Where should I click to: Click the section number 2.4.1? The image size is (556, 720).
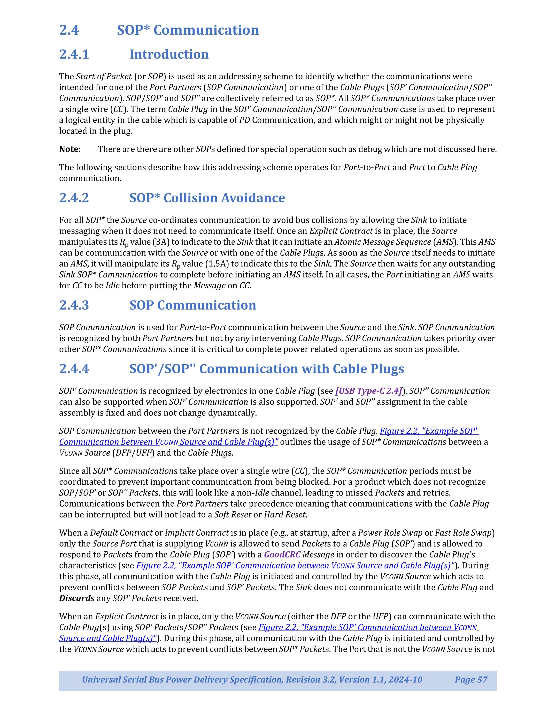coord(74,54)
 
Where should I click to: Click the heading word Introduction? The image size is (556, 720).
coord(169,54)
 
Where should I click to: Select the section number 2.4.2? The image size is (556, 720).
coord(74,198)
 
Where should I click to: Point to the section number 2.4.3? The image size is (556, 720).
coord(74,305)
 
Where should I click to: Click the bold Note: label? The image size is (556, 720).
coord(70,149)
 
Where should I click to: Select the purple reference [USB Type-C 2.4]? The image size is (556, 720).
coord(369,391)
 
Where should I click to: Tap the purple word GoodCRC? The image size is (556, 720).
coord(282,554)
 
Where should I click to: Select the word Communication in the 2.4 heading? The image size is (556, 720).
coord(206,30)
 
